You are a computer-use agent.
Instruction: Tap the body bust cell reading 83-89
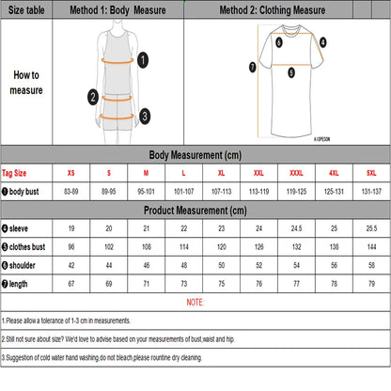[x=70, y=192]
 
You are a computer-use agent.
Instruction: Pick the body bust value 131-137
[x=371, y=192]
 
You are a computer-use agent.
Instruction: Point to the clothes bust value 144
[x=371, y=246]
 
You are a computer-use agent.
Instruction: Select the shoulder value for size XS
[x=70, y=264]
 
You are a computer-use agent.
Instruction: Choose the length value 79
[x=371, y=282]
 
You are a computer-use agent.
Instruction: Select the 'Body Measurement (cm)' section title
[x=195, y=155]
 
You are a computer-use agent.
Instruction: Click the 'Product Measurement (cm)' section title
[x=195, y=211]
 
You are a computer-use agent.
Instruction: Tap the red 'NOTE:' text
[x=195, y=302]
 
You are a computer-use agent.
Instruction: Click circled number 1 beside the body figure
[x=143, y=60]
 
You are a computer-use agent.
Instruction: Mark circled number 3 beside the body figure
[x=144, y=116]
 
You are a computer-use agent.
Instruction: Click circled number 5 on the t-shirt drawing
[x=291, y=71]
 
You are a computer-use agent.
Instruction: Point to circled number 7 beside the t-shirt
[x=252, y=67]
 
